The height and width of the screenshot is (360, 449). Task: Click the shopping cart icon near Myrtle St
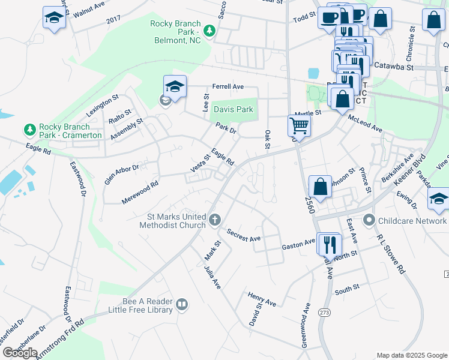coord(298,126)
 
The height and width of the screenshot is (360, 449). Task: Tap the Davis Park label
coord(234,110)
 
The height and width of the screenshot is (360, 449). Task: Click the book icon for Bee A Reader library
coord(182,305)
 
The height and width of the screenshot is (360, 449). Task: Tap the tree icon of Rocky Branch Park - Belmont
coord(209,30)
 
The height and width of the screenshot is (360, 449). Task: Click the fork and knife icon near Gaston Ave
coord(329,244)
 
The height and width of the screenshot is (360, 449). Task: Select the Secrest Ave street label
coord(243,235)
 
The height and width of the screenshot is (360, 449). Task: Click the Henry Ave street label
coord(261,299)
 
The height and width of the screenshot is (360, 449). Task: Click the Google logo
coord(20,353)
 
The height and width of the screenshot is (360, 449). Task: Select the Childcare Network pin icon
coord(369,221)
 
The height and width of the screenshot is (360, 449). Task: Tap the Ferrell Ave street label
coord(226,86)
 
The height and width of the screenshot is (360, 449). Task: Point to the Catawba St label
coord(394,65)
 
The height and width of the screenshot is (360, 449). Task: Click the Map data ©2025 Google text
coord(411,355)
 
